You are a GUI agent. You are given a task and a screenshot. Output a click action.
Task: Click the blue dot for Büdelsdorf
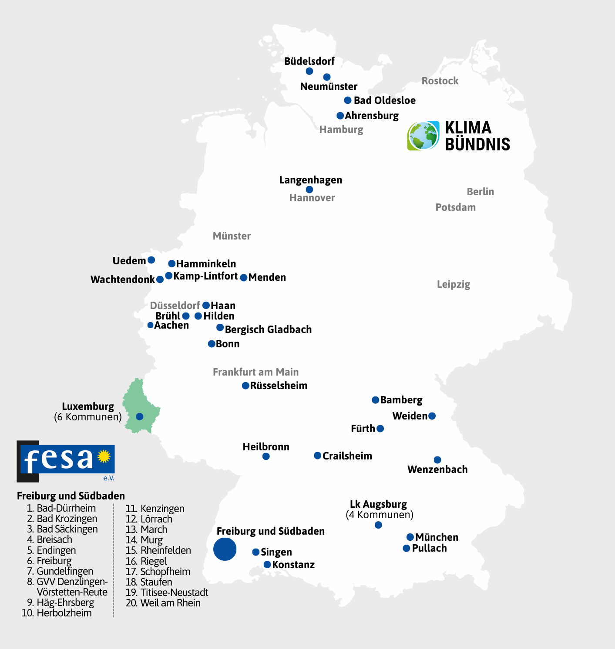click(x=309, y=71)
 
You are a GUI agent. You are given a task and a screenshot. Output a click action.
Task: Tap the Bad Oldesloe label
click(x=384, y=100)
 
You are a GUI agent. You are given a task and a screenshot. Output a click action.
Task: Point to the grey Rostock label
click(x=440, y=81)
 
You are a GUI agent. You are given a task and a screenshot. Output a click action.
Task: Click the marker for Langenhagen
click(x=309, y=190)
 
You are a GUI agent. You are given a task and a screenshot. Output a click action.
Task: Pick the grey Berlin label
click(x=480, y=192)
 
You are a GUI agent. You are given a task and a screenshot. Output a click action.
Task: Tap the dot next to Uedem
click(x=151, y=260)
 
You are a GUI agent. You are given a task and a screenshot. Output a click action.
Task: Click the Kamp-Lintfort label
click(x=205, y=276)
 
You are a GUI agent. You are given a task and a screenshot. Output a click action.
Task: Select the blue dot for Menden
click(x=244, y=278)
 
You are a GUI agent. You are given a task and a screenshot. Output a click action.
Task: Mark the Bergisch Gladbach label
click(x=268, y=329)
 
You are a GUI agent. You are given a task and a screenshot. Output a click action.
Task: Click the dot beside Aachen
click(x=150, y=325)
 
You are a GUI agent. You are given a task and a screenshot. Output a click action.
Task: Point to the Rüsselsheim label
click(x=279, y=386)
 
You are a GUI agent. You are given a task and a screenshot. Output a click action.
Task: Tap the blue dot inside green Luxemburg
click(x=140, y=416)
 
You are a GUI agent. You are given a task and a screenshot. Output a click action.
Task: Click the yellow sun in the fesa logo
click(x=104, y=456)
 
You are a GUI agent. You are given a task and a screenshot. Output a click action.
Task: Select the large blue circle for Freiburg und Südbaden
click(x=225, y=549)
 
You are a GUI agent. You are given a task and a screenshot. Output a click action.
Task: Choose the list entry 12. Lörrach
click(x=149, y=519)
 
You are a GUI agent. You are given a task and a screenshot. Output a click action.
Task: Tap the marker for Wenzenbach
click(x=437, y=460)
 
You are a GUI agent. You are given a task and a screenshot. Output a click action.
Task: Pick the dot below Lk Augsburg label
click(x=378, y=525)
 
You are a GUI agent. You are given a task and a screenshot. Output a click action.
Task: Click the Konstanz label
click(x=293, y=565)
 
